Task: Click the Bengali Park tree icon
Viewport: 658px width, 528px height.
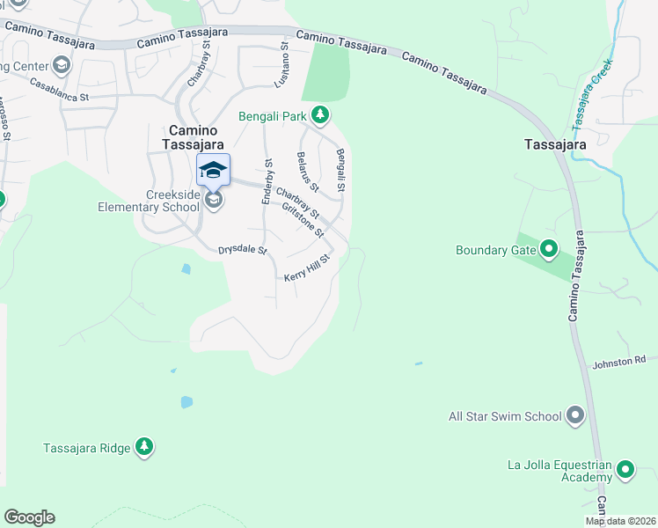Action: (321, 114)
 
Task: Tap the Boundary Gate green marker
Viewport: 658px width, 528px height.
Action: (550, 250)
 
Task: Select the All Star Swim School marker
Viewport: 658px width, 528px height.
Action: (576, 415)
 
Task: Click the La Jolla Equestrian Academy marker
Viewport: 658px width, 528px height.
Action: (625, 470)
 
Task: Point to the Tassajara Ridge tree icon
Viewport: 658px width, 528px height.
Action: (144, 447)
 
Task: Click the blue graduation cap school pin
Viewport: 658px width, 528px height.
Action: (213, 169)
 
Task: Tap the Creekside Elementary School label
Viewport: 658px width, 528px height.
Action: (149, 201)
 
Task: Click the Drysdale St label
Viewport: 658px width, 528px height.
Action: (242, 250)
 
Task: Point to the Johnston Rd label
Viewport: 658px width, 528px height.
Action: (618, 361)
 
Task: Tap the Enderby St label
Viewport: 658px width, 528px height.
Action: (267, 182)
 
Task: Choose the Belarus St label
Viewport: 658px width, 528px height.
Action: (307, 171)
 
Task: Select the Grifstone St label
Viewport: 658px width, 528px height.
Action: (303, 220)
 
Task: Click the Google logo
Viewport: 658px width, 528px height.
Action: (29, 517)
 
